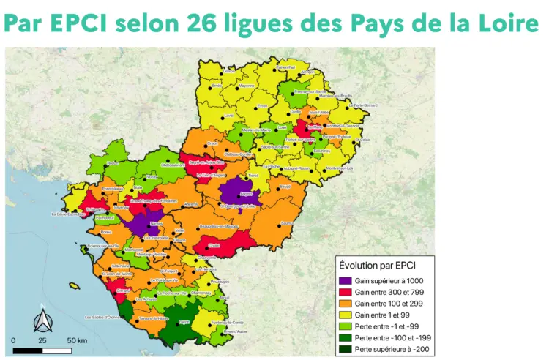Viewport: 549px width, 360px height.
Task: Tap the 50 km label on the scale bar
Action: (x=78, y=341)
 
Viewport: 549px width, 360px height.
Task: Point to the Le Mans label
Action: (x=315, y=125)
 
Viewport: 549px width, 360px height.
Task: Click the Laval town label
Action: (x=230, y=116)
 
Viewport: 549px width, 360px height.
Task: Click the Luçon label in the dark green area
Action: (x=184, y=320)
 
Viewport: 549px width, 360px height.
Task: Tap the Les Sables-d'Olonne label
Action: (x=106, y=318)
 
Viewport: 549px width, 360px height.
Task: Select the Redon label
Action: (x=112, y=162)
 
